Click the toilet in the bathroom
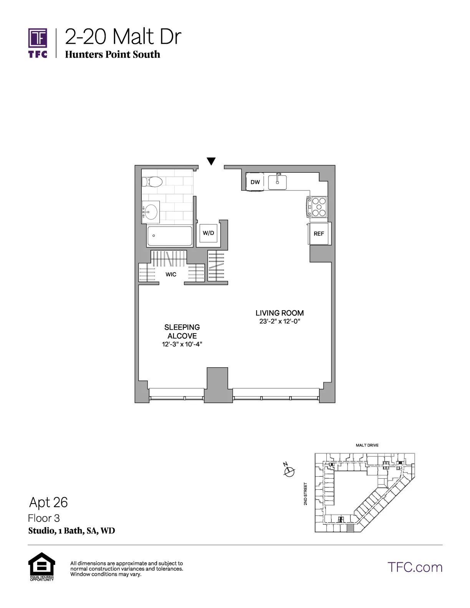click(153, 182)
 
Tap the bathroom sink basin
click(151, 211)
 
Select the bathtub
click(169, 236)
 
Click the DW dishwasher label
click(255, 182)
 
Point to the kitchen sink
click(277, 182)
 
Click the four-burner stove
click(318, 207)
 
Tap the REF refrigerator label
click(319, 233)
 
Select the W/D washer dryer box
click(208, 233)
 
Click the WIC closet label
click(171, 274)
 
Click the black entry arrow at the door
click(211, 161)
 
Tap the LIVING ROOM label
click(280, 313)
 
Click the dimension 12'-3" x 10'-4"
click(182, 344)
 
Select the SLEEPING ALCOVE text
click(182, 331)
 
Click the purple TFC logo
click(38, 43)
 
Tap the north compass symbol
click(289, 471)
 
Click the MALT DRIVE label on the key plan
click(367, 445)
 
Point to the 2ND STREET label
click(306, 494)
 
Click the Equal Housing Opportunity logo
click(42, 566)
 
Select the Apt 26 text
click(48, 502)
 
